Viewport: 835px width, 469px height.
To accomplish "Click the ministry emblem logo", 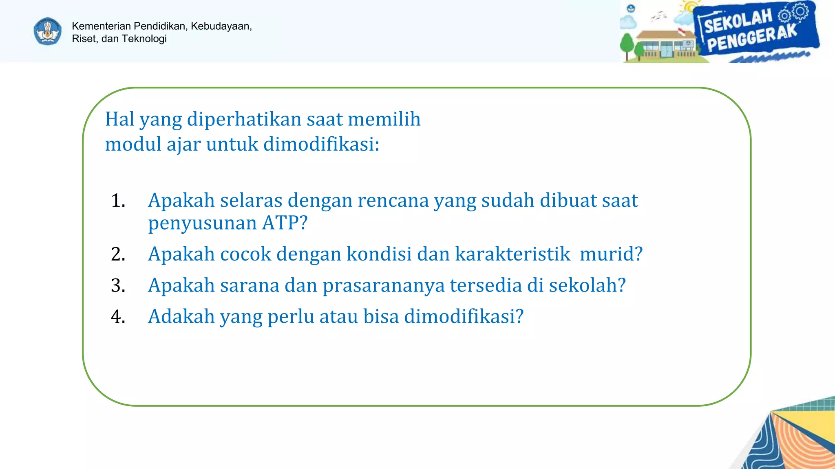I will click(48, 31).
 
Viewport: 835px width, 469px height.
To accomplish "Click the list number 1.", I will click(118, 201).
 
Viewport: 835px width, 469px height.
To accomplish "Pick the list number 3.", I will click(118, 285).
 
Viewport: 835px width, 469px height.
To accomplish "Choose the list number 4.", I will click(118, 317).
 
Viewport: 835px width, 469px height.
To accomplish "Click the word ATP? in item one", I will click(285, 223).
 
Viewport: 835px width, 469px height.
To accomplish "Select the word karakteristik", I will click(512, 254).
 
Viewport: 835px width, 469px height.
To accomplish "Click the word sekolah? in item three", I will click(587, 285).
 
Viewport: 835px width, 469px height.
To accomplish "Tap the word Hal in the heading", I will click(120, 119).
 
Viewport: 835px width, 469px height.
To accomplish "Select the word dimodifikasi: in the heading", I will click(321, 144).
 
